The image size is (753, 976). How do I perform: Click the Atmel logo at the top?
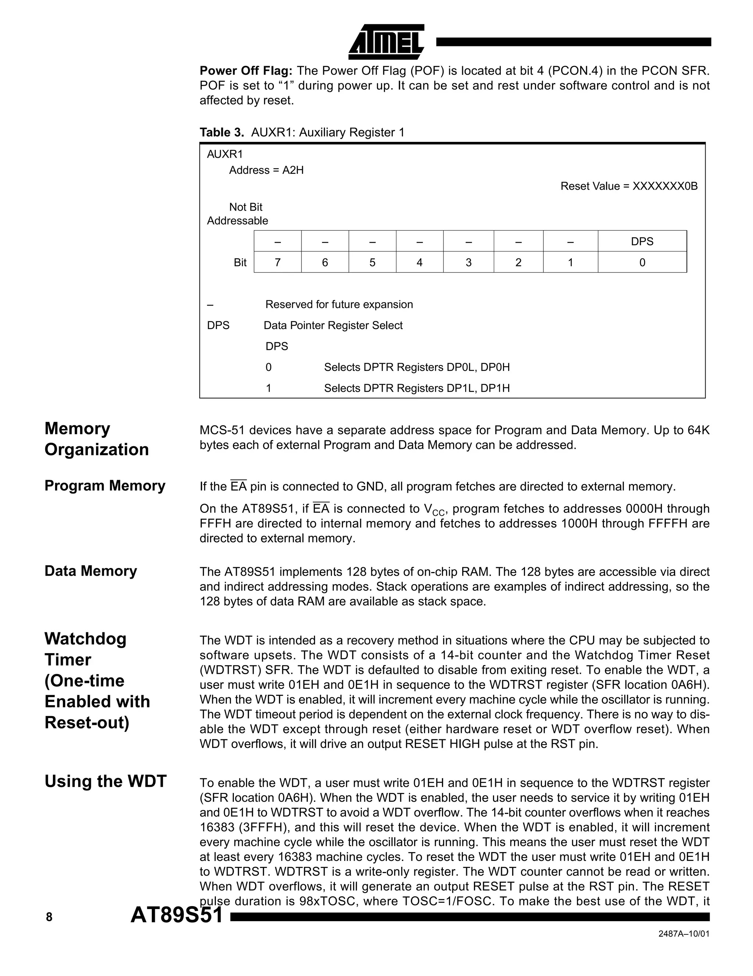(x=386, y=42)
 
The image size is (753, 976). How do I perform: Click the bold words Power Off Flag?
(x=246, y=71)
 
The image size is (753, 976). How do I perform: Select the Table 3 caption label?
(x=222, y=133)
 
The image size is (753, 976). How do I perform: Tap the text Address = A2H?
(x=266, y=170)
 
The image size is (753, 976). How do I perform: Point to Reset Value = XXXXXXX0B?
(x=629, y=186)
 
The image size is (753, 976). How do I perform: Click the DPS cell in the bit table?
(x=642, y=241)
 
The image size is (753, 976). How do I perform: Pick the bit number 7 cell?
(x=278, y=262)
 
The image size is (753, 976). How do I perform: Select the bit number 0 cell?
(x=642, y=262)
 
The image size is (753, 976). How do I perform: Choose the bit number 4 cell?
(x=419, y=262)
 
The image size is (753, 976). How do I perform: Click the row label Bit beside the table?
(x=240, y=262)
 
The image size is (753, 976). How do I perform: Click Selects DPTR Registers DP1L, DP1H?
(x=417, y=388)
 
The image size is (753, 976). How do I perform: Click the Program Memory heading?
(x=104, y=486)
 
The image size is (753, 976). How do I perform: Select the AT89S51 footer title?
(x=176, y=915)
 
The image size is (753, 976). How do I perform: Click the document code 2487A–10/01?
(x=684, y=946)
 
